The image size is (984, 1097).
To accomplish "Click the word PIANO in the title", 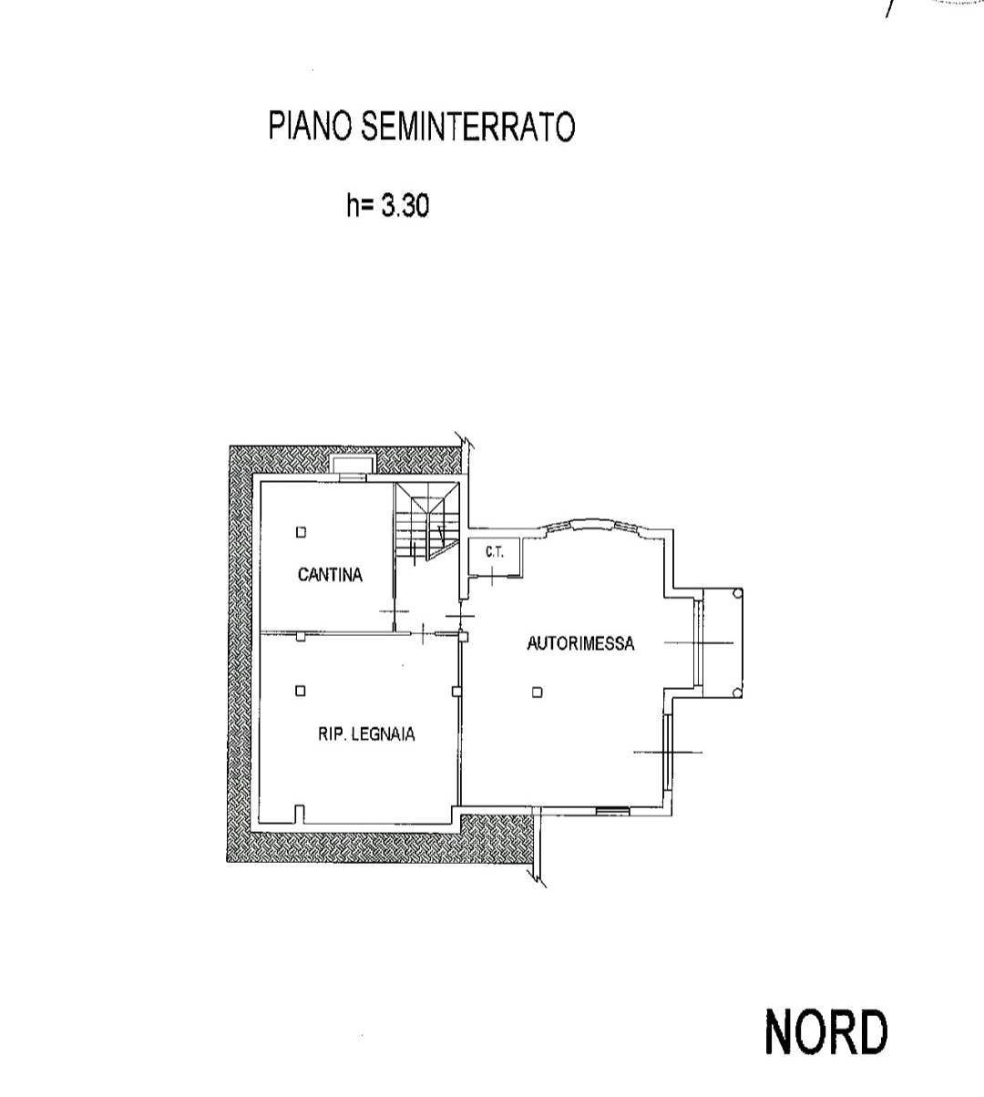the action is pyautogui.click(x=311, y=126).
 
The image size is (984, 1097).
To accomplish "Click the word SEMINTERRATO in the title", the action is pyautogui.click(x=468, y=126).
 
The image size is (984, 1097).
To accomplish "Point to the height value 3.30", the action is pyautogui.click(x=405, y=206).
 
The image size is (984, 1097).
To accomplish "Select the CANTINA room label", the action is pyautogui.click(x=330, y=575).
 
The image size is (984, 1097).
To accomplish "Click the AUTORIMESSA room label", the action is pyautogui.click(x=580, y=643).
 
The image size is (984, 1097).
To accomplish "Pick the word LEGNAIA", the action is pyautogui.click(x=383, y=734).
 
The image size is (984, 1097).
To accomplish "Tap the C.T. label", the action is pyautogui.click(x=495, y=552).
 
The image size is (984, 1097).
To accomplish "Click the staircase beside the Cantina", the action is pyautogui.click(x=427, y=521).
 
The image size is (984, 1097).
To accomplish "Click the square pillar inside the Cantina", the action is pyautogui.click(x=301, y=532).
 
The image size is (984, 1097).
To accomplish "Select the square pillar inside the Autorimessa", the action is pyautogui.click(x=537, y=692).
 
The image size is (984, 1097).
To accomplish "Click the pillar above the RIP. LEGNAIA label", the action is pyautogui.click(x=300, y=691).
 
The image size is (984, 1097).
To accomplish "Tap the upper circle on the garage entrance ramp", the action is pyautogui.click(x=736, y=593).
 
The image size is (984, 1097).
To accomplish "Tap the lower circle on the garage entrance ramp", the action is pyautogui.click(x=736, y=693).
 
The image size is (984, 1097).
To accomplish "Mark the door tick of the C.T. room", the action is pyautogui.click(x=491, y=576).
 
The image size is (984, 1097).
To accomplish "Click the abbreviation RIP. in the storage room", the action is pyautogui.click(x=331, y=734).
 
